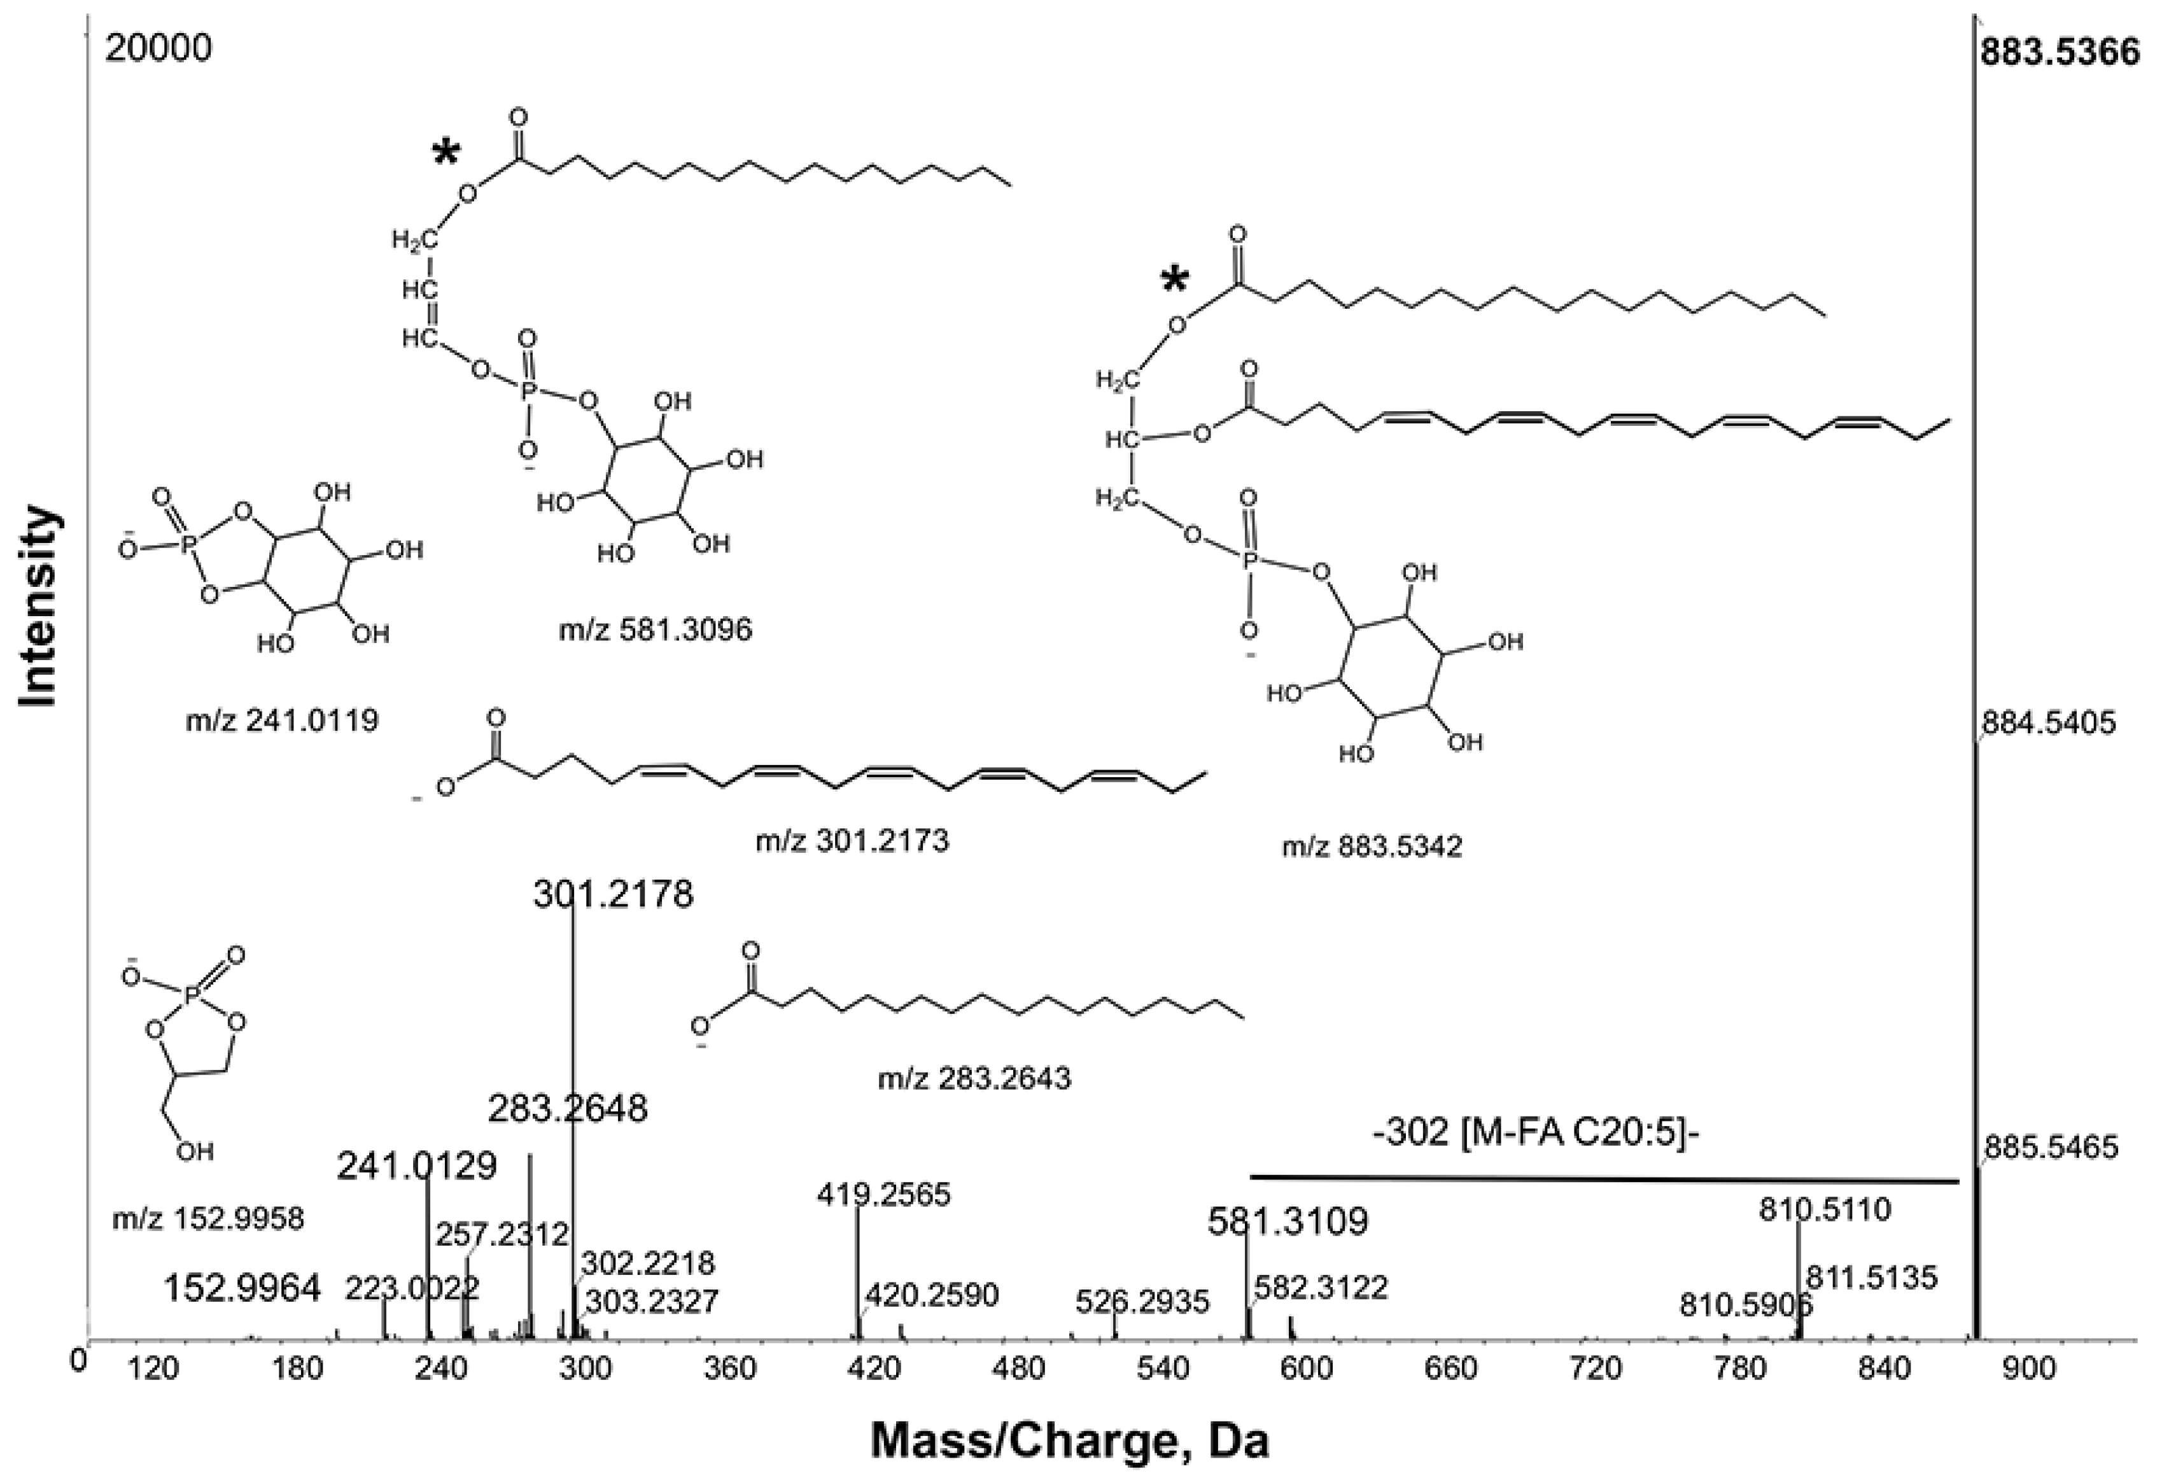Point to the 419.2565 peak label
coord(884,1194)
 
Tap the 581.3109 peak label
coord(1288,1222)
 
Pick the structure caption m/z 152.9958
coord(208,1218)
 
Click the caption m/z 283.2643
coord(974,1078)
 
